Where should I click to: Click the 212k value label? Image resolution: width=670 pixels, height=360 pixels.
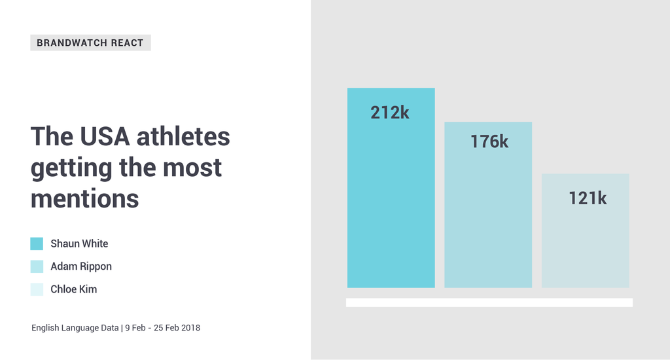(x=390, y=113)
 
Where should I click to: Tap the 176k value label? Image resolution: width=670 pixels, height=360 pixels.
(x=489, y=141)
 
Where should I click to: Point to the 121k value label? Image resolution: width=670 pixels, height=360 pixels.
(x=588, y=198)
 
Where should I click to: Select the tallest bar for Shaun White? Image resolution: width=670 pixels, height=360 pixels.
(x=391, y=209)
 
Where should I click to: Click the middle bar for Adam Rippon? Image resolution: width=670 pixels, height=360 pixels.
(x=488, y=223)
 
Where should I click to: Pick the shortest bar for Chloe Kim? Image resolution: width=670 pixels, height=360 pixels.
(x=585, y=242)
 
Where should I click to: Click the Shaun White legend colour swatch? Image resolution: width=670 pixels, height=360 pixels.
(x=37, y=243)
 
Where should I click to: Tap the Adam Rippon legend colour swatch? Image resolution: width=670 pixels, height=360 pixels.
(x=37, y=266)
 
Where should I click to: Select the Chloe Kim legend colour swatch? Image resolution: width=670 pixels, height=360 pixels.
(x=37, y=289)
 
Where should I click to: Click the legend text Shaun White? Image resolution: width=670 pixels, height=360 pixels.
(x=79, y=243)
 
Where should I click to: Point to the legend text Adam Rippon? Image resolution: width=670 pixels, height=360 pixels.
(x=81, y=266)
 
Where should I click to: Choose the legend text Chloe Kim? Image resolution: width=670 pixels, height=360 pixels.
(x=74, y=289)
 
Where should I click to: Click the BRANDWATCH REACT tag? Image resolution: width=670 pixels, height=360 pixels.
(x=90, y=43)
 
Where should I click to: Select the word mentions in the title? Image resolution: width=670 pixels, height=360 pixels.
(x=85, y=198)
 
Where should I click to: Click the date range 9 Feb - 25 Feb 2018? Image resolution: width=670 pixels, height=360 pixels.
(x=163, y=327)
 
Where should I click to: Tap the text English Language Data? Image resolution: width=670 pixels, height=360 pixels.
(x=75, y=327)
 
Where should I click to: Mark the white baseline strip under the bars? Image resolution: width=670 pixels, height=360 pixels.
(x=489, y=302)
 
